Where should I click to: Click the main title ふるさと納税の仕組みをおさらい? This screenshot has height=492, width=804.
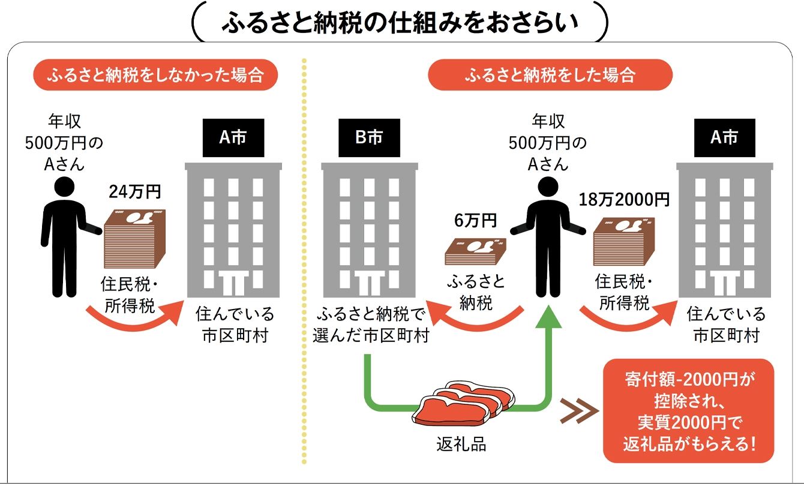[400, 22]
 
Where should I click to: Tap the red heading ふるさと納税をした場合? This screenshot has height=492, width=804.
[550, 75]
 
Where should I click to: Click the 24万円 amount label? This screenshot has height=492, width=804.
[134, 192]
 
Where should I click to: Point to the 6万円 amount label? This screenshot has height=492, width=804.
[475, 220]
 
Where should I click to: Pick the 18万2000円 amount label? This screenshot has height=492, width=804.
[624, 199]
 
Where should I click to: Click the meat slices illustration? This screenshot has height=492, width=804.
[465, 402]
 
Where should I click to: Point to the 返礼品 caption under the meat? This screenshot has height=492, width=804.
[461, 445]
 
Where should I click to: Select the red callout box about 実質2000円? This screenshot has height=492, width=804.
[688, 411]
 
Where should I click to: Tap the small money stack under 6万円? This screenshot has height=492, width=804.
[475, 251]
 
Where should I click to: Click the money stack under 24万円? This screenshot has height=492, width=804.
[135, 238]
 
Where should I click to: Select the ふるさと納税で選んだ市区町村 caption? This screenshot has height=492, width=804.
[370, 325]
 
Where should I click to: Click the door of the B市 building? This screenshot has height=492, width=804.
[369, 281]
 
